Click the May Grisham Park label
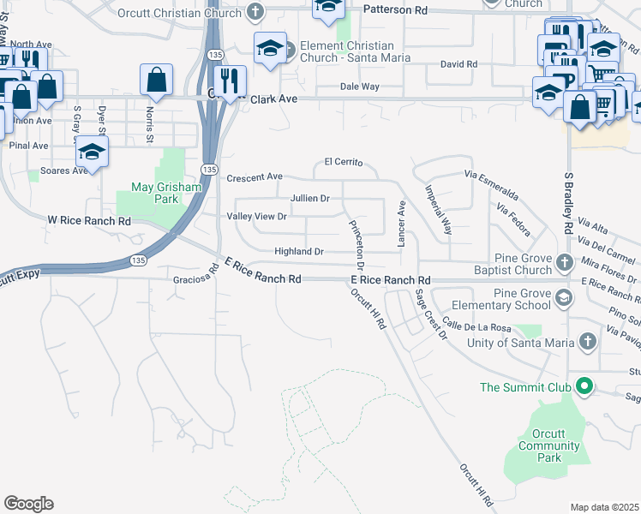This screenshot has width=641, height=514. tap(154, 193)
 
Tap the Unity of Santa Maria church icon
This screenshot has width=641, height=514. tap(587, 343)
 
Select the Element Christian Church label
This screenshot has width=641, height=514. tap(347, 51)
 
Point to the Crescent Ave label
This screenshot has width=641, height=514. tap(255, 177)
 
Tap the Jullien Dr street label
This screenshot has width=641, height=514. tap(310, 198)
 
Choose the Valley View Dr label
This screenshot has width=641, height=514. tap(256, 217)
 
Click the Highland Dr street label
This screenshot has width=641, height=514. tap(298, 252)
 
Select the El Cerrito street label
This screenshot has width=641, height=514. tap(344, 162)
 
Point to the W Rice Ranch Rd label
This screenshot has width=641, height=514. tap(89, 221)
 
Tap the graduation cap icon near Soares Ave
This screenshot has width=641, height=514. tap(92, 152)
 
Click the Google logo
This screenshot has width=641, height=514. tap(28, 504)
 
